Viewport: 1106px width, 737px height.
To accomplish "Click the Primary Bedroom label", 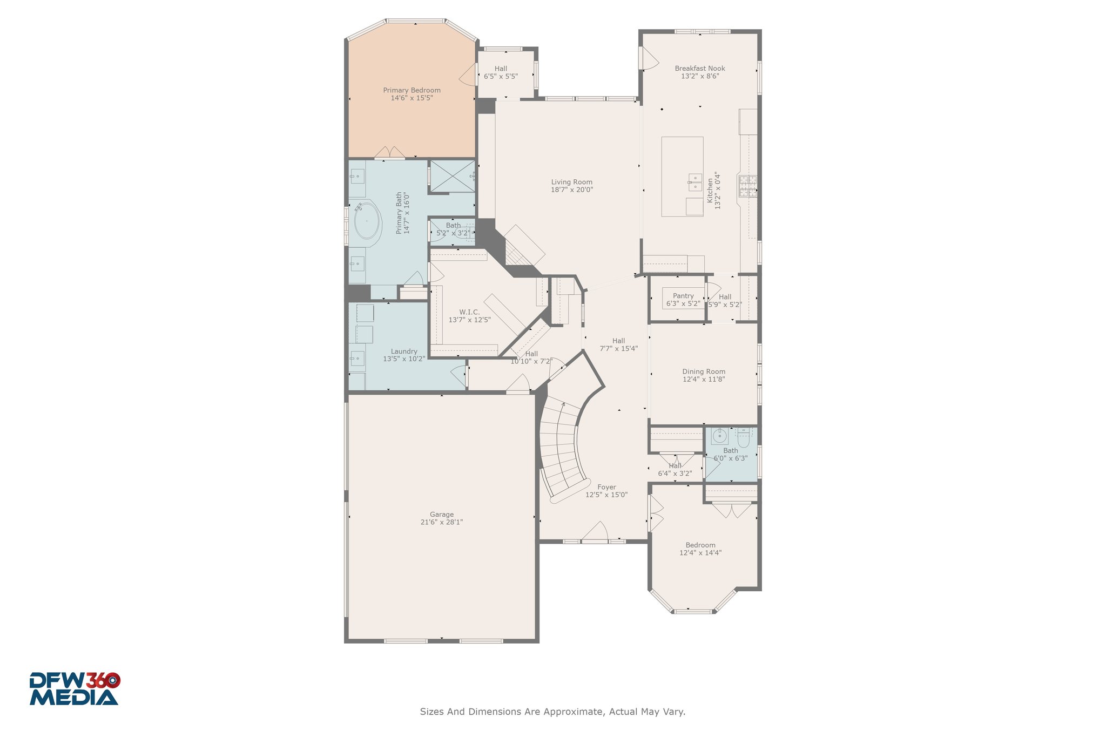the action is pos(412,90).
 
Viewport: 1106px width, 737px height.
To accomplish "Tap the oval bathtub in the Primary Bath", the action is pos(367,220).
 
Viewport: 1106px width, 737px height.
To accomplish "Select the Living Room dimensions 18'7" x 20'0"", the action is pos(572,190).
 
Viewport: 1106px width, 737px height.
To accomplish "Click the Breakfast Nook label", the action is pos(700,69).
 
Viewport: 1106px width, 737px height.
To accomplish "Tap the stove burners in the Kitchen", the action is pos(748,186).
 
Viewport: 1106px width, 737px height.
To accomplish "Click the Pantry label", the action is pos(683,296).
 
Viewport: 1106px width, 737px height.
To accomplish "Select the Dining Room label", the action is pos(704,371).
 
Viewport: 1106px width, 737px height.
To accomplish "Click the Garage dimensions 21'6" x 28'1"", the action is pos(442,522).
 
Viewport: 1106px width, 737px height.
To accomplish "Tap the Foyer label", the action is pos(606,487).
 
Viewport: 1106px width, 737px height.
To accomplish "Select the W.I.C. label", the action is pos(469,312).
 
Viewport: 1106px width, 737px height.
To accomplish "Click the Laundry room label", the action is pos(404,351).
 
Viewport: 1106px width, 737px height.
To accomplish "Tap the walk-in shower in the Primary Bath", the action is pos(452,177).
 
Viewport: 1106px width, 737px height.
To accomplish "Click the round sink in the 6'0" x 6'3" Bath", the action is pos(719,436).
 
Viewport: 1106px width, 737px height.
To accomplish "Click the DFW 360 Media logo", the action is pos(75,688).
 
